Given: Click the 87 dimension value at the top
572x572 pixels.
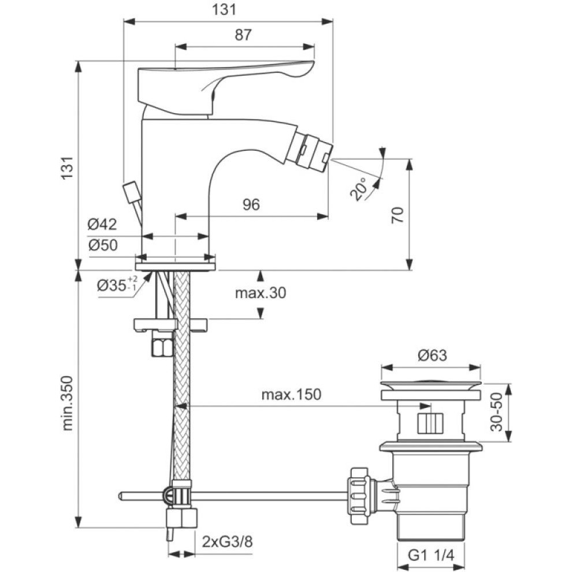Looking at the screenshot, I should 244,35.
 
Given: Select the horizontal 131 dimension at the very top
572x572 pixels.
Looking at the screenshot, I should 229,9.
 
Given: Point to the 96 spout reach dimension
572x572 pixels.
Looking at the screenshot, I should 251,205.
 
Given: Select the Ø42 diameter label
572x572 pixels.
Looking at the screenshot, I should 102,224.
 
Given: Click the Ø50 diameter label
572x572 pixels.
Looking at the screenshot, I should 102,245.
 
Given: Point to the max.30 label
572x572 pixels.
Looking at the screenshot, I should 260,293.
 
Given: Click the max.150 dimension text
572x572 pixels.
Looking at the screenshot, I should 291,395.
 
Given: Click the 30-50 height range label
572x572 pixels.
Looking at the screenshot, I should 496,413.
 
